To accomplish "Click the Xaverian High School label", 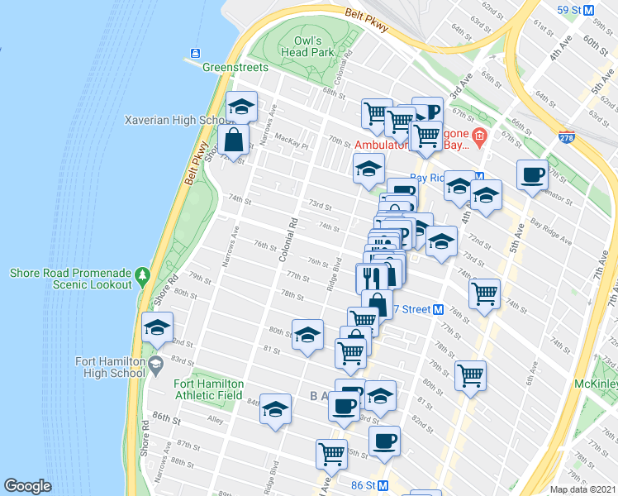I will [174, 120].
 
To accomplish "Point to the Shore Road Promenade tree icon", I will [143, 273].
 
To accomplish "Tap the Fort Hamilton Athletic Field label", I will [208, 389].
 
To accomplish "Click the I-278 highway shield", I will [566, 136].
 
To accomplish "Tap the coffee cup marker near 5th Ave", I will [532, 174].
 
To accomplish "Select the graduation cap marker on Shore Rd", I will [157, 328].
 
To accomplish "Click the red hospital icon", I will [478, 136].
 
